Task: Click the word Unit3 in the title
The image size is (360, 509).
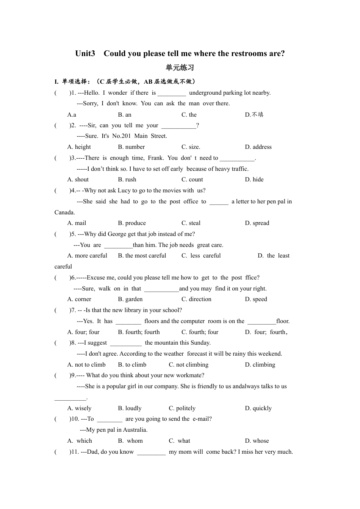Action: tap(85, 53)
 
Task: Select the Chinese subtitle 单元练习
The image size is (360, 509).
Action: tap(180, 68)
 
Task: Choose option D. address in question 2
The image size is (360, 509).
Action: tap(258, 147)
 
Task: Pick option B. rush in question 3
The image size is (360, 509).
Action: tap(127, 180)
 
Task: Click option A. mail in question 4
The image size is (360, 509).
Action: tap(77, 223)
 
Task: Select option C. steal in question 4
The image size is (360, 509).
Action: tap(191, 223)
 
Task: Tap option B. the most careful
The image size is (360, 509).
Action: tap(142, 256)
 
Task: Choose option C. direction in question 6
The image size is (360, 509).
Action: tap(196, 299)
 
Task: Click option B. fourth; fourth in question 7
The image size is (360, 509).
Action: tap(139, 332)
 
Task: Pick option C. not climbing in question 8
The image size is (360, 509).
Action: tap(188, 365)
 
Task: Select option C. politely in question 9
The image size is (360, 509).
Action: tap(182, 408)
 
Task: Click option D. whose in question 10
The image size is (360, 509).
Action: tap(257, 441)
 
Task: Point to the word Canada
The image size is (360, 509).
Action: tap(64, 212)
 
